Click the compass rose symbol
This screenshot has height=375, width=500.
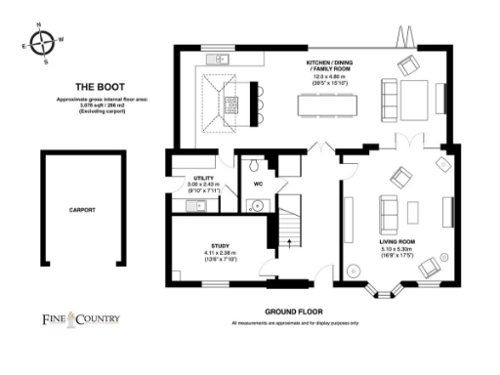coord(42,43)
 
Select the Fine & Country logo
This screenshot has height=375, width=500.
coord(80,317)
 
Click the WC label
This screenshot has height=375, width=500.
coord(259,183)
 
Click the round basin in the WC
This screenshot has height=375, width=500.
coord(256,204)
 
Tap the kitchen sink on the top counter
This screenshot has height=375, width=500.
coord(221,59)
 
